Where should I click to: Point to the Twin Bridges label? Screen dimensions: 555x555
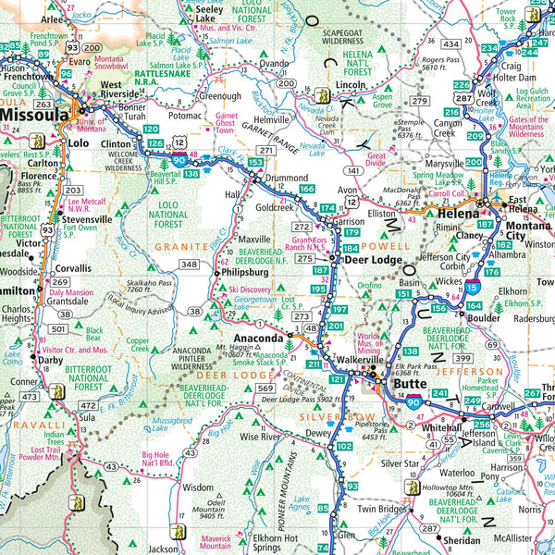[384, 509]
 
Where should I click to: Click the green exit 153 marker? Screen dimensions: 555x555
[255, 163]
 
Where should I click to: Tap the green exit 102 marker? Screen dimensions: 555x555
[344, 446]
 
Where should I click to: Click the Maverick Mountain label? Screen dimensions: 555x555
[215, 540]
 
